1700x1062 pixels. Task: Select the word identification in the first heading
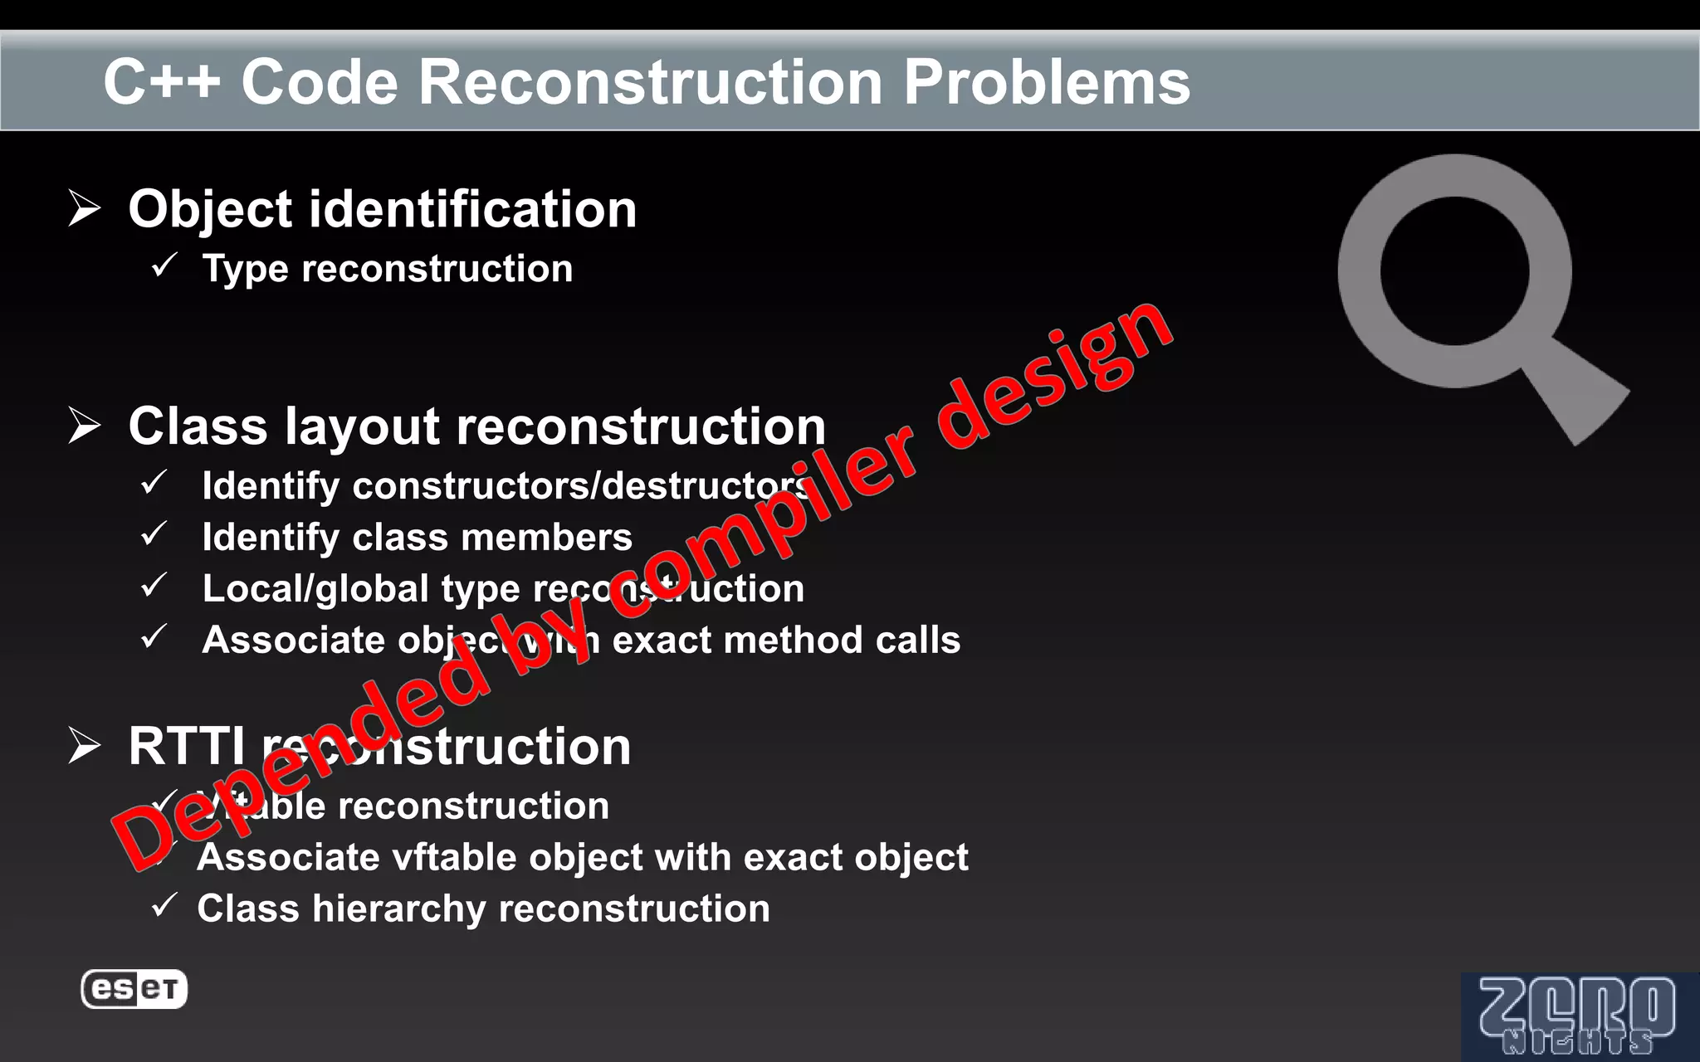pos(472,209)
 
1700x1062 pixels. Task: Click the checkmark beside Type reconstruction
pos(164,265)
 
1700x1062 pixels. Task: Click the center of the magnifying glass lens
pos(1454,270)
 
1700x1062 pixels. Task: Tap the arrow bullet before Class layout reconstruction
pos(84,426)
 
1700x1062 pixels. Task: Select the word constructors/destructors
pos(581,486)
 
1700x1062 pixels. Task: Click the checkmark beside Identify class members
pos(154,534)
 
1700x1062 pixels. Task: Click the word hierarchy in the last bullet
pos(398,909)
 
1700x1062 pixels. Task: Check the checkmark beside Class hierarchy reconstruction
pos(164,905)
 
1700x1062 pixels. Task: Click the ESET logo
pos(134,989)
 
